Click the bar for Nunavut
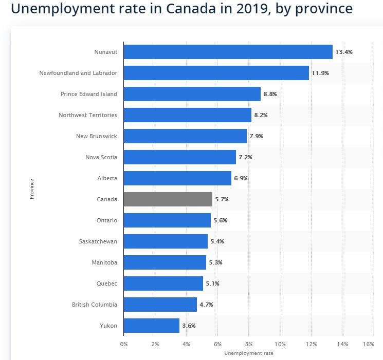coord(228,52)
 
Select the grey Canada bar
coord(168,199)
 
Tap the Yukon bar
coord(152,326)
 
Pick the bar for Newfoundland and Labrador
coord(216,73)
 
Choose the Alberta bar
coord(177,178)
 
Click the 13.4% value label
coord(344,52)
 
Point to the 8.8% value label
coord(270,94)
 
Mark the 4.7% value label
coord(206,305)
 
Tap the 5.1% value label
coord(212,283)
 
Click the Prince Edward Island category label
coord(89,94)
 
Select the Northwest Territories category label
coord(88,115)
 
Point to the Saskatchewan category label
coord(98,241)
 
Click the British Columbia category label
coord(95,305)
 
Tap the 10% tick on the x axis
coord(280,344)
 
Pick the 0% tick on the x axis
coord(124,344)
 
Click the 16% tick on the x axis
coord(368,344)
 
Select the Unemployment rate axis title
coord(249,353)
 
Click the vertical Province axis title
coord(32,189)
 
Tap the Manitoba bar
coord(165,262)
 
